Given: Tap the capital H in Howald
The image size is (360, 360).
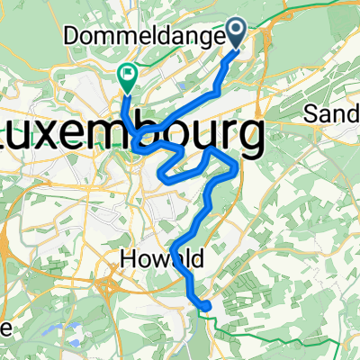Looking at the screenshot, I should pyautogui.click(x=127, y=260).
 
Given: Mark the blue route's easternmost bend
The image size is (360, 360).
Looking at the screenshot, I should pyautogui.click(x=236, y=166).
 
